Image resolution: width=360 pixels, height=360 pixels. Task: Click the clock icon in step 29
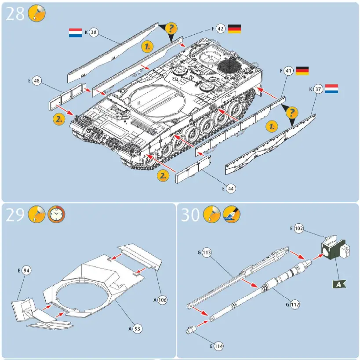point(55,214)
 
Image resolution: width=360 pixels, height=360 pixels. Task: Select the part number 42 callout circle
point(221,29)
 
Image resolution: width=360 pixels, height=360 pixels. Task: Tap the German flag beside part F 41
point(302,70)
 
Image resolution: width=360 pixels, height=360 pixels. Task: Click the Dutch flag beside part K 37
point(331,89)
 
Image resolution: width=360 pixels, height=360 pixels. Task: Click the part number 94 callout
point(26,270)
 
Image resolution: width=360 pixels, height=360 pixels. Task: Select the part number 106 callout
point(163,300)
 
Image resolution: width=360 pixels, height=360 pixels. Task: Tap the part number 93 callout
point(138,328)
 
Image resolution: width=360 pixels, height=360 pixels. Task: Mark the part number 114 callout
point(218,346)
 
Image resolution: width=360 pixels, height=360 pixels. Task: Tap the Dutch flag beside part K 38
point(75,33)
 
